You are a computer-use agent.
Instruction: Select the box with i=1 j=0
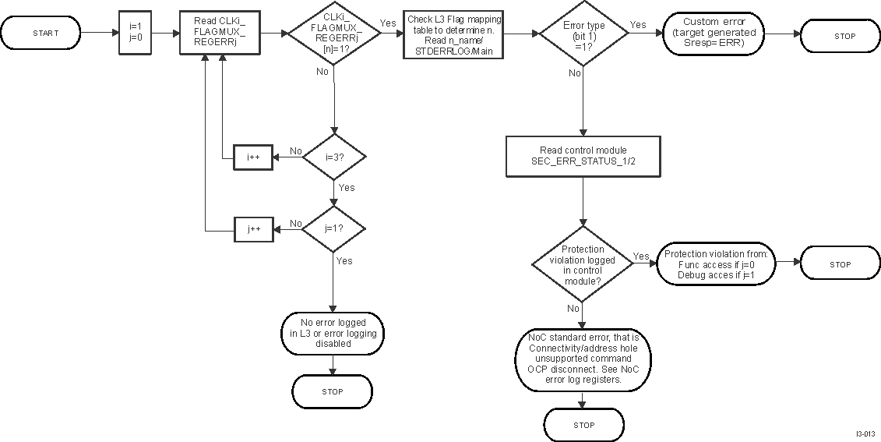133,33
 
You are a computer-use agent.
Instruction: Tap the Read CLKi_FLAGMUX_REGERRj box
219,33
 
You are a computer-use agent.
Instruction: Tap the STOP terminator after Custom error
840,36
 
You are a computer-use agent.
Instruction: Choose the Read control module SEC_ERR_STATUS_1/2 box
583,155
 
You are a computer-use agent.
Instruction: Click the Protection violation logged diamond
583,263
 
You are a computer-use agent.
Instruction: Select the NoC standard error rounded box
583,358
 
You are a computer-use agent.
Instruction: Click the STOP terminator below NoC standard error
583,425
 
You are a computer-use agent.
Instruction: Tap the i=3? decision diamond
334,157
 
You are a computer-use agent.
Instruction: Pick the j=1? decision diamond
334,228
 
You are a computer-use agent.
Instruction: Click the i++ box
253,157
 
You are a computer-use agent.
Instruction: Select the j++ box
253,228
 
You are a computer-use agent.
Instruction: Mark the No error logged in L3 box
333,332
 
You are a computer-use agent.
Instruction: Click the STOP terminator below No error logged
332,391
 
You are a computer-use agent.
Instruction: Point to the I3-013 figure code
865,433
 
